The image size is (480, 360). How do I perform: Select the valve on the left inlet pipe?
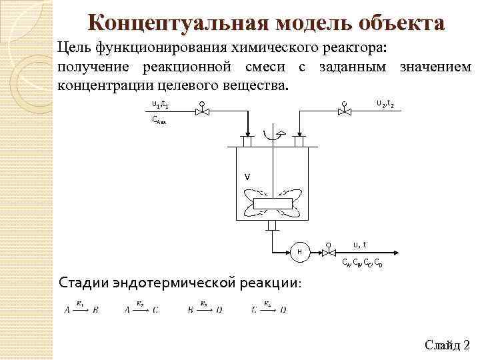201,111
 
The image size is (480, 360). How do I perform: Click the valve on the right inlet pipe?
343,111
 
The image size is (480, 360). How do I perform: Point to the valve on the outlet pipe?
328,251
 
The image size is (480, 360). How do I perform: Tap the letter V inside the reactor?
247,177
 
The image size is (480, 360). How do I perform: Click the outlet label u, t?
359,244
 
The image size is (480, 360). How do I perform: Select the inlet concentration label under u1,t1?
162,121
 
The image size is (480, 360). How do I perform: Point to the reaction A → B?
81,309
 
